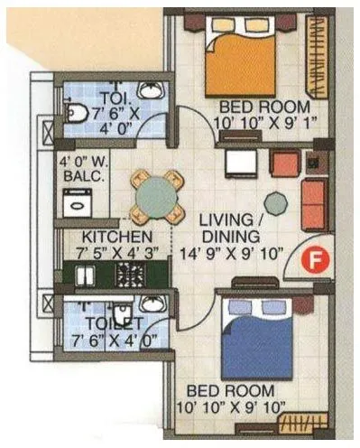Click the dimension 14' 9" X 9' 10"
[231, 254]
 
